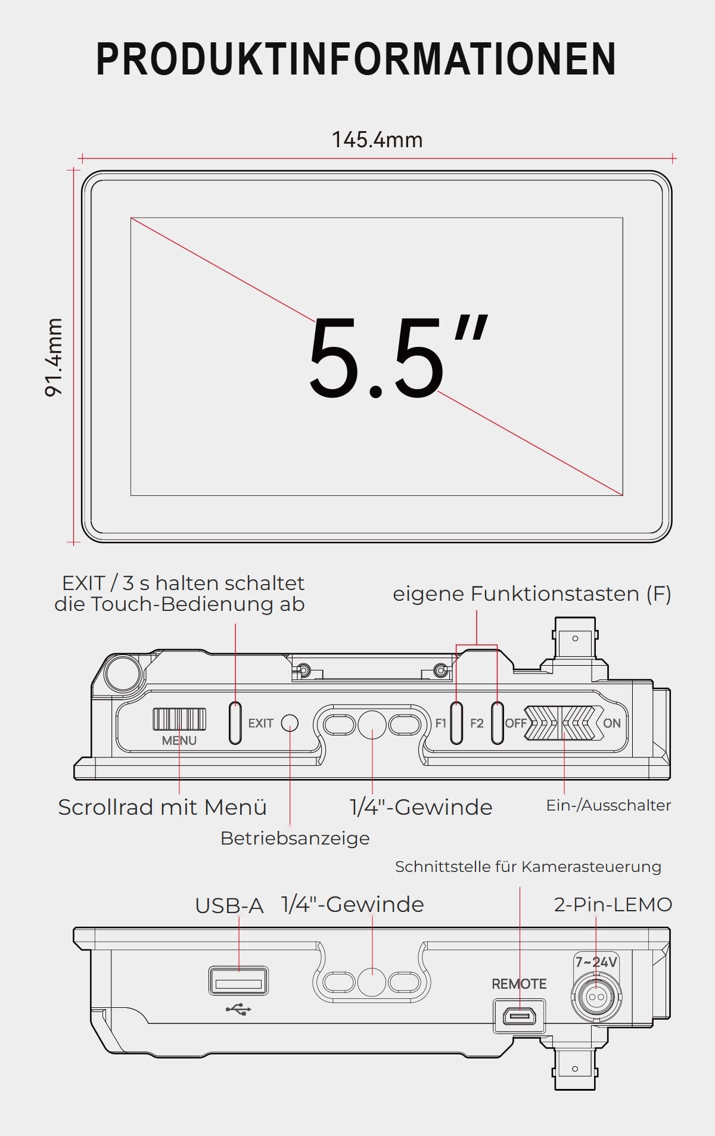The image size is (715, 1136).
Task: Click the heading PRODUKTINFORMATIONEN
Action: pos(356,59)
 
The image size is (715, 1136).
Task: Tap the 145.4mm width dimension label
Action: pos(377,140)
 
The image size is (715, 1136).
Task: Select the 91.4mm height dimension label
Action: pos(54,357)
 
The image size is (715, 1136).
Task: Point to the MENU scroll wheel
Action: pos(179,719)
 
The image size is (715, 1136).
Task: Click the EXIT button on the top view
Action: pos(235,723)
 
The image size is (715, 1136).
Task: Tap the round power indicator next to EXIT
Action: pos(290,723)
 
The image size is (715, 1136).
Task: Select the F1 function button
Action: pos(456,723)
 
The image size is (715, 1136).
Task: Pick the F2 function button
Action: pos(497,723)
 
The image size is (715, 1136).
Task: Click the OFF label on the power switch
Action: pos(515,724)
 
